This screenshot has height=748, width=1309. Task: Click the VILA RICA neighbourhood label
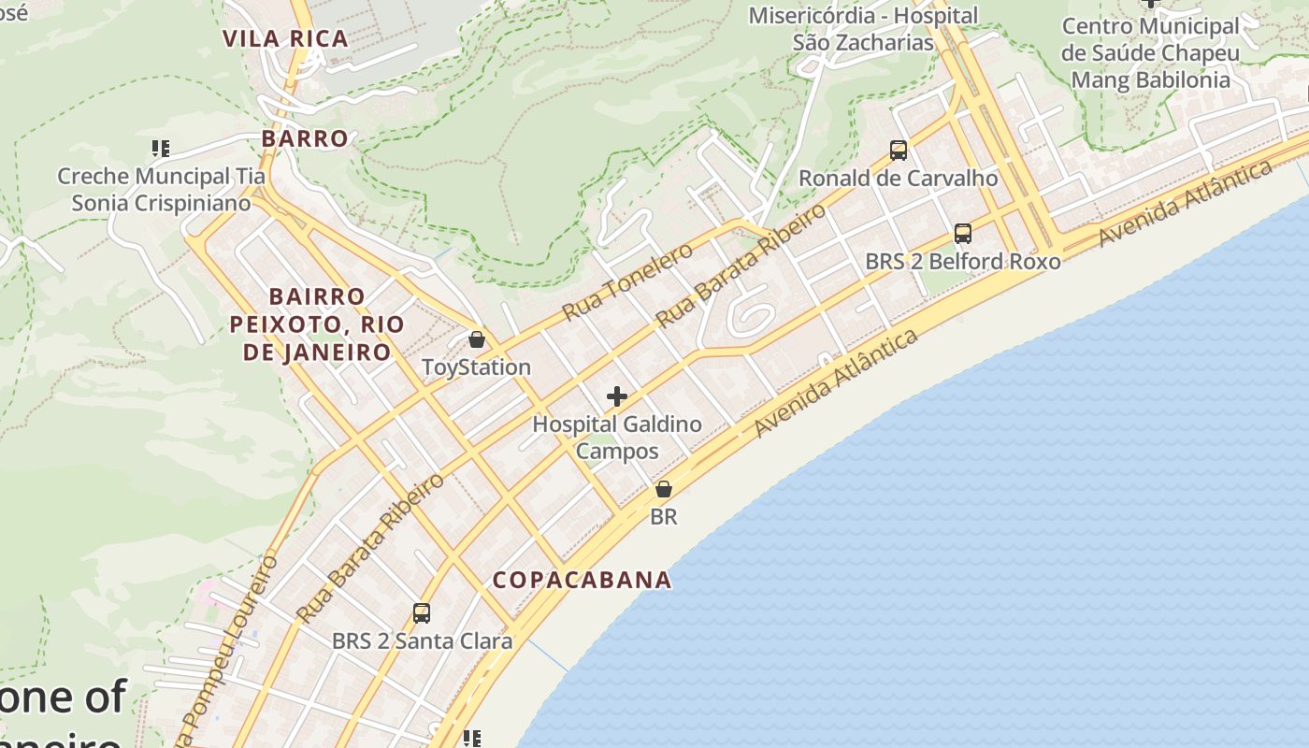(285, 38)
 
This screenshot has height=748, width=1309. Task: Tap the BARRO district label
(305, 138)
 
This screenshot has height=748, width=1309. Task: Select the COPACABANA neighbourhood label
(582, 580)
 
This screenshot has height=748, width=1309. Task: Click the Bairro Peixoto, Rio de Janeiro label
(317, 324)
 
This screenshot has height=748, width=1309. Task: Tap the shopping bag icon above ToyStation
(477, 339)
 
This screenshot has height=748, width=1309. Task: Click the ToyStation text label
(477, 367)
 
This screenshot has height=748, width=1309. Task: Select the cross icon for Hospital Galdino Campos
(617, 396)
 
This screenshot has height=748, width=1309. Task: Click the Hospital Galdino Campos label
(617, 438)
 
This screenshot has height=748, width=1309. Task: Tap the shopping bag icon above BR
(664, 489)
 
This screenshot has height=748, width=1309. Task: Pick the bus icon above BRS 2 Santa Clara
(422, 613)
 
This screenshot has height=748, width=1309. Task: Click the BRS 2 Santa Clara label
(422, 641)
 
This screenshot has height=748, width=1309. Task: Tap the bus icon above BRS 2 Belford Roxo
(963, 234)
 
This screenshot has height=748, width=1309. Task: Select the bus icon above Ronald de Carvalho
(899, 150)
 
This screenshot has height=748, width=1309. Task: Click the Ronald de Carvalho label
(899, 178)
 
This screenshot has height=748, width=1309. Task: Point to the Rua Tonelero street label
(627, 280)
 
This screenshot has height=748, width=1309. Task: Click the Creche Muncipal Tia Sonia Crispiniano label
(162, 190)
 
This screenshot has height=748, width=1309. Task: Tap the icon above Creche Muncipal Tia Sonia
(161, 149)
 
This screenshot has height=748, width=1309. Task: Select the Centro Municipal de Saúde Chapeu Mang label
(1150, 52)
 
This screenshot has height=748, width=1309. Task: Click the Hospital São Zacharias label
(862, 29)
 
